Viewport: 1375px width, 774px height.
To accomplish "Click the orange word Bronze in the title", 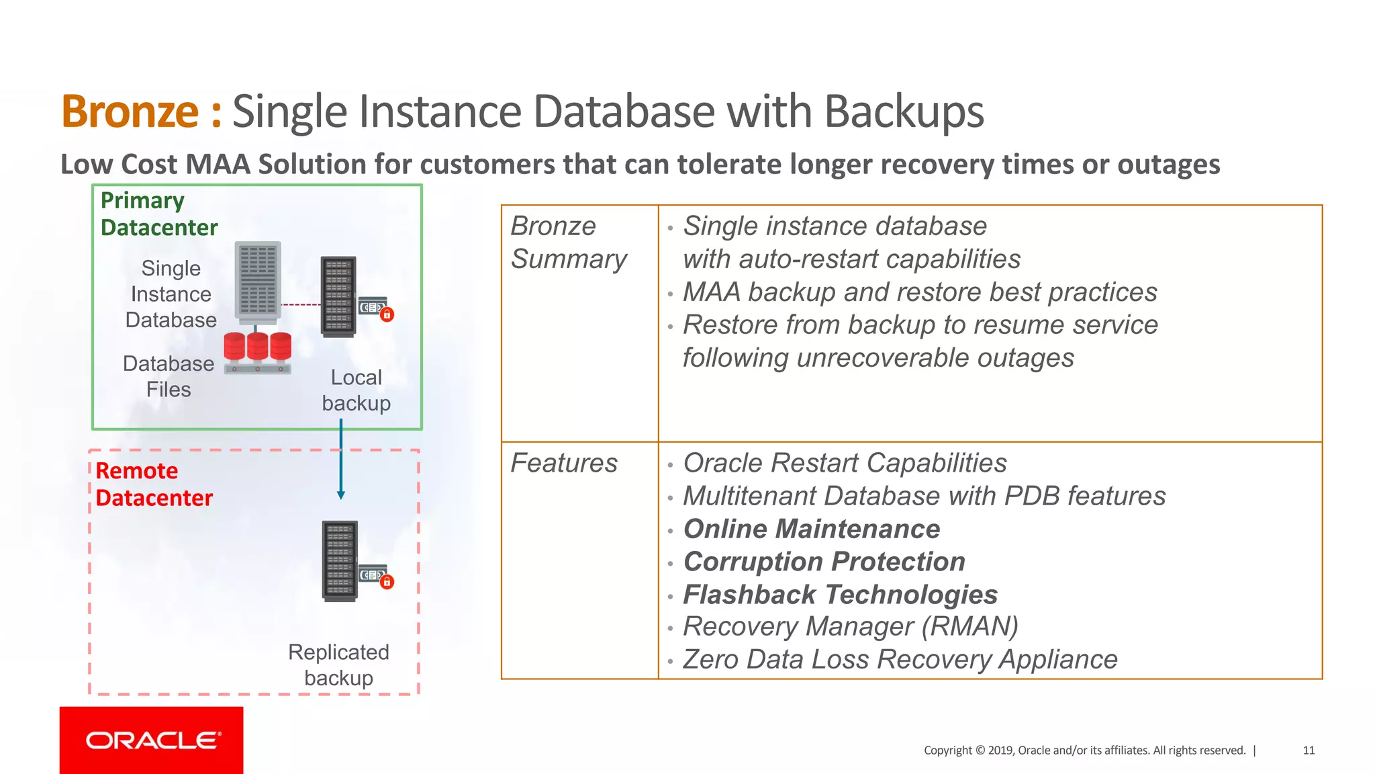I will point(130,112).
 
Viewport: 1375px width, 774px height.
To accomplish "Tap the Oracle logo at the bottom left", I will point(152,740).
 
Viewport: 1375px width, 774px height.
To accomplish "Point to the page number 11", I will point(1308,750).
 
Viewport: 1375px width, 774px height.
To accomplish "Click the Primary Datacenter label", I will point(158,214).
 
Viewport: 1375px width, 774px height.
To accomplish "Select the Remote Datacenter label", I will point(154,484).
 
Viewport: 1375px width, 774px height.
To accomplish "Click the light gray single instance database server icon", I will point(258,280).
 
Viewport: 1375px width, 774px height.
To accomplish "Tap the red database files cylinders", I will point(258,347).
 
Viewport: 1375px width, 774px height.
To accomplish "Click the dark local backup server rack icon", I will point(338,296).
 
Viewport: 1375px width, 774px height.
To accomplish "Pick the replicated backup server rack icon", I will point(340,561).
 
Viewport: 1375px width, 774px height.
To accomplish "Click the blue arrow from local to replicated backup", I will point(341,464).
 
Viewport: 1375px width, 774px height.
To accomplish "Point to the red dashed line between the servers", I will point(301,305).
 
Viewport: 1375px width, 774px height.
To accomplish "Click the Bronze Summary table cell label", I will point(569,243).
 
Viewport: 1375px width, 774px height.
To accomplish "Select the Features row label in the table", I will point(564,463).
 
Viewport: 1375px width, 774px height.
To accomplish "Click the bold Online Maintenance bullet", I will point(811,529).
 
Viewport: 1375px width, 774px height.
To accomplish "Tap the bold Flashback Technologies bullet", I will point(840,595).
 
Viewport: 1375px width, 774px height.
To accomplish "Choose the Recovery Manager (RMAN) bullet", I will point(850,627).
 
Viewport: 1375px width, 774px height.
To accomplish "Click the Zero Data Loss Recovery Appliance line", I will point(900,660).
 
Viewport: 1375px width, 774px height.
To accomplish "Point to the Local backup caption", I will point(356,390).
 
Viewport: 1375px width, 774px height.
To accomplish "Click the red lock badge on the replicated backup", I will point(387,583).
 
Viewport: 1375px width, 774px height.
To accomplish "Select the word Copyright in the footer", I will point(947,750).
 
